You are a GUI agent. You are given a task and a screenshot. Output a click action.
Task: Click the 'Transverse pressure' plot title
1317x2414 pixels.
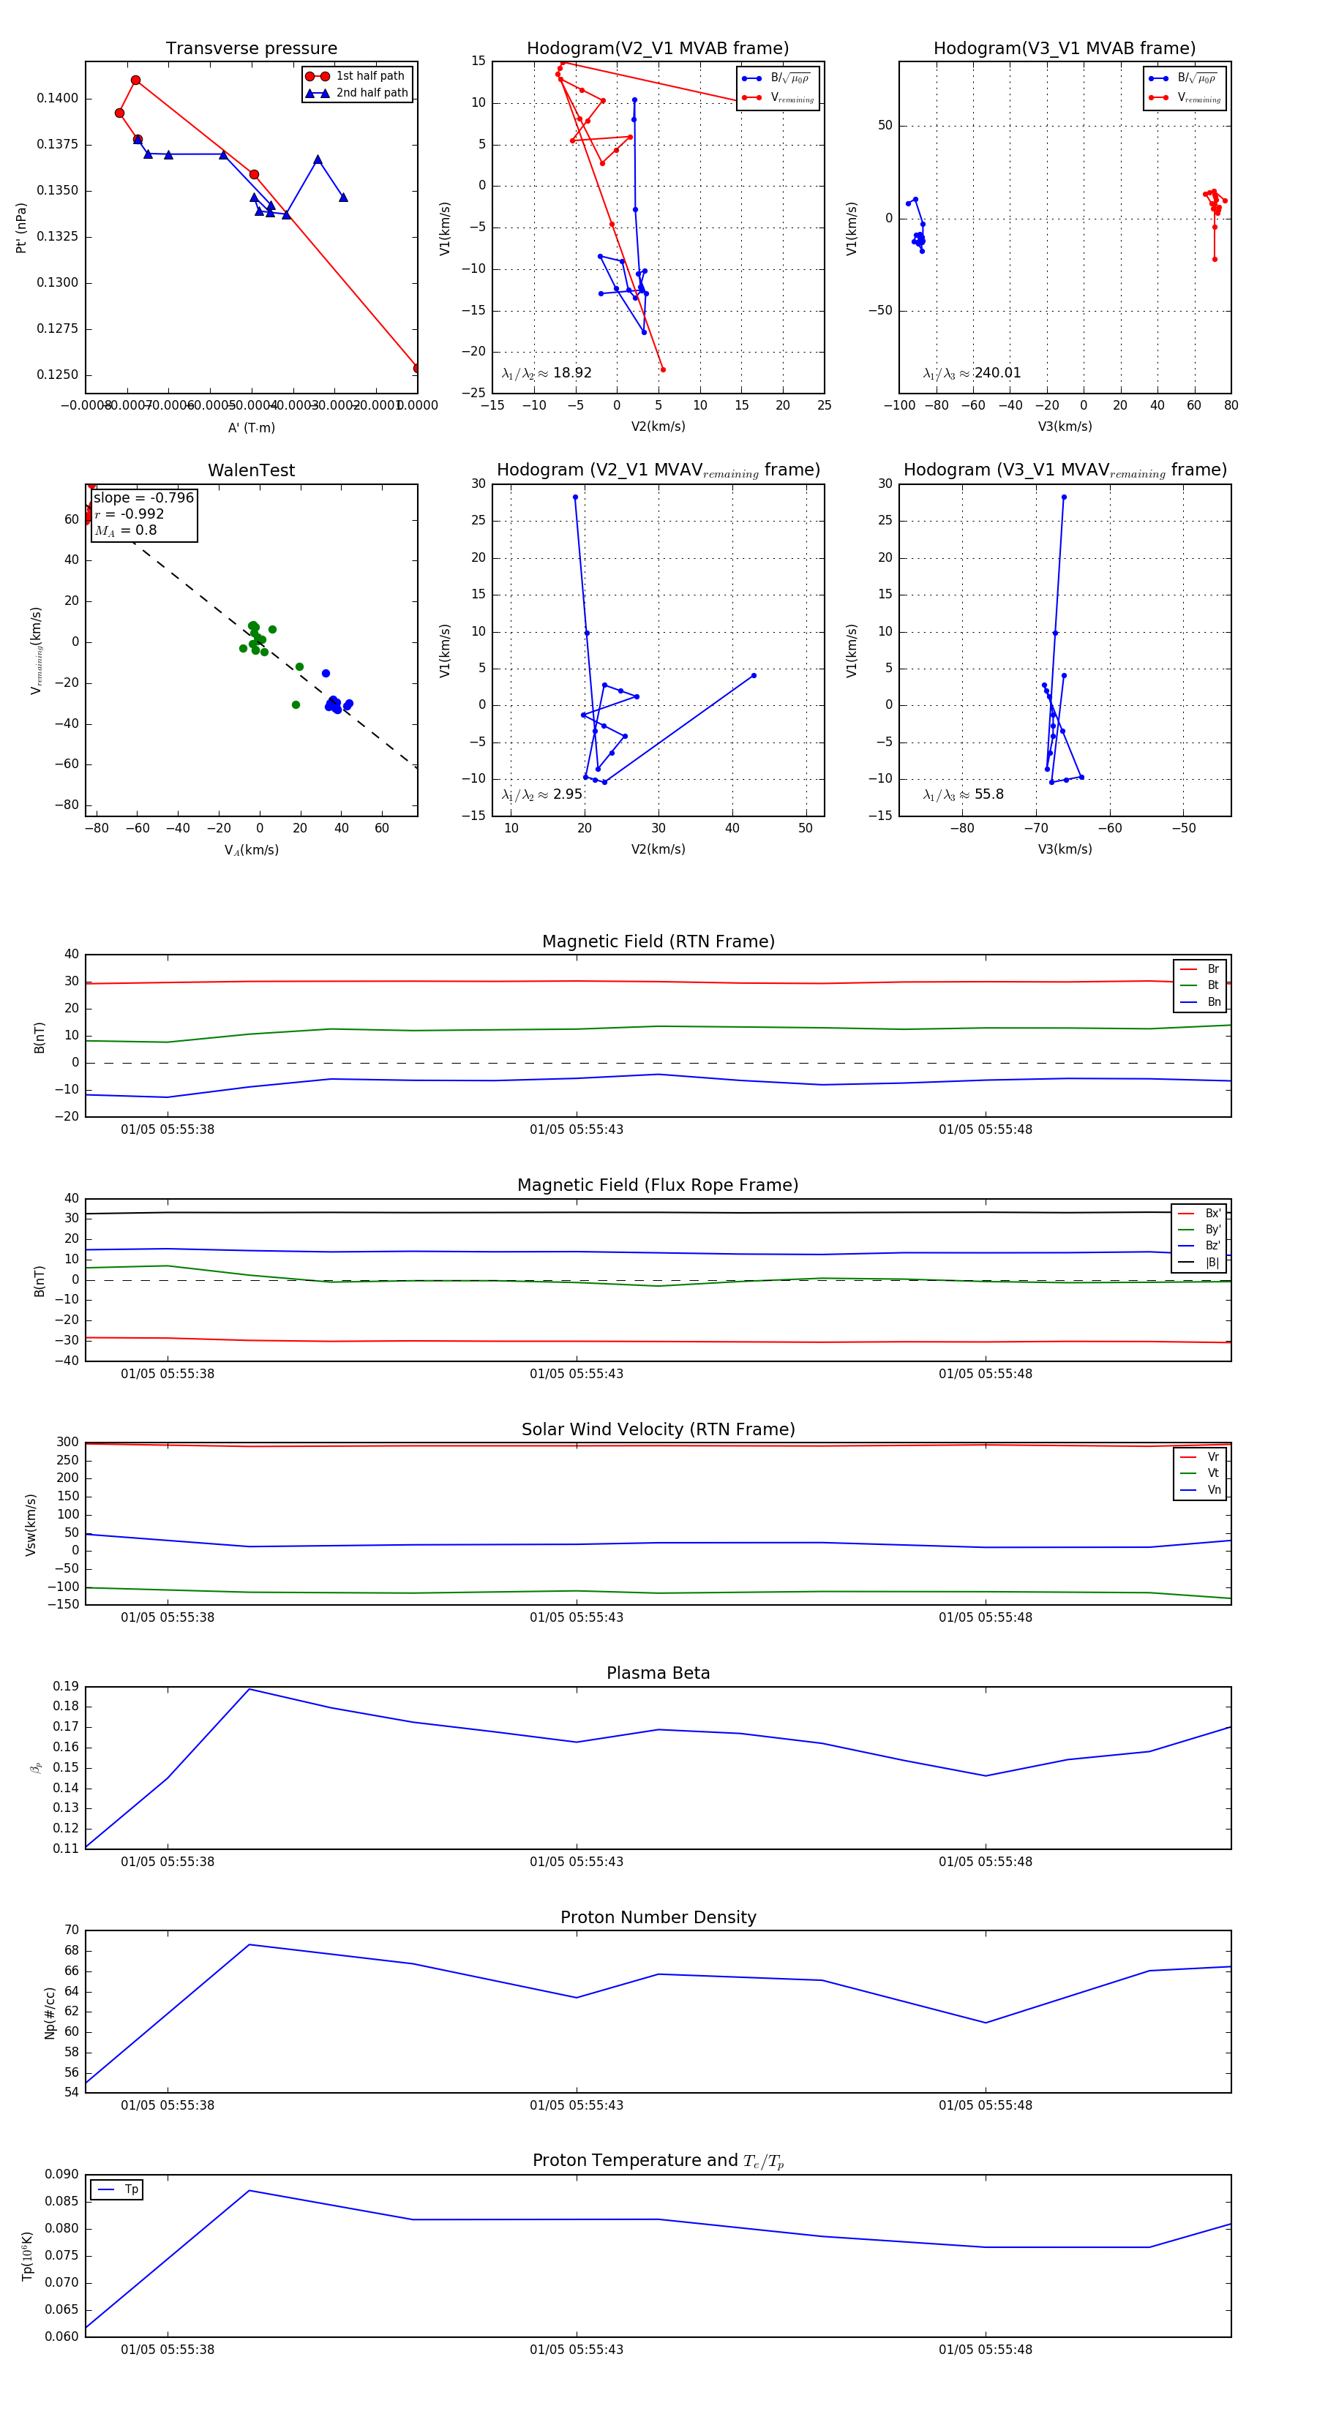tap(251, 49)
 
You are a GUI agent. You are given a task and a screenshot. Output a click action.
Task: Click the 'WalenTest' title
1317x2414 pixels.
tap(251, 470)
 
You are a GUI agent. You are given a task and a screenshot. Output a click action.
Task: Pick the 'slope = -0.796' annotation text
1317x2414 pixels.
tap(143, 497)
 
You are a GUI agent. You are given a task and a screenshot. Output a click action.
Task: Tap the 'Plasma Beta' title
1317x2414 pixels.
tap(658, 1673)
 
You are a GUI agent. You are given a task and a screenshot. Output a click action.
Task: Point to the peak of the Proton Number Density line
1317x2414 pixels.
tap(249, 1944)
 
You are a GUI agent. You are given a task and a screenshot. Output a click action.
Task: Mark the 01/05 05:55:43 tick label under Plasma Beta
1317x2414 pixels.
tap(577, 1861)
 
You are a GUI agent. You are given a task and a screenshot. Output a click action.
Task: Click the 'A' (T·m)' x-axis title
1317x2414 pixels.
tap(251, 427)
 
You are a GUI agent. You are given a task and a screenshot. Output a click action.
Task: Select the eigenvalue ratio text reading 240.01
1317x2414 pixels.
tap(972, 373)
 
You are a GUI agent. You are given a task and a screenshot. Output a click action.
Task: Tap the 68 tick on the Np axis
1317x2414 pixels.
tap(71, 1950)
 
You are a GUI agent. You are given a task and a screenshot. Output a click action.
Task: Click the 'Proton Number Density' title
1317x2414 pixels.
tap(658, 1917)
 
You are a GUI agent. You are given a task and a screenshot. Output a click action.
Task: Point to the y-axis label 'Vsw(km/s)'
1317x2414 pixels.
tap(31, 1524)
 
